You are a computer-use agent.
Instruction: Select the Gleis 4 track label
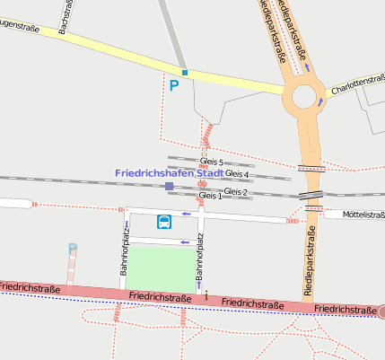click(237, 173)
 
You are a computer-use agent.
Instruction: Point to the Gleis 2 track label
click(235, 192)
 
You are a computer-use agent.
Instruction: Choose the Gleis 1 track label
click(209, 195)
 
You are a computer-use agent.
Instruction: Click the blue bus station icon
click(165, 222)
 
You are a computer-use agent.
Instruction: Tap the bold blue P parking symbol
click(174, 86)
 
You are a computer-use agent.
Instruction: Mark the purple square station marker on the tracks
click(169, 186)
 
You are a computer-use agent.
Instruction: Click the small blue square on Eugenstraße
click(184, 73)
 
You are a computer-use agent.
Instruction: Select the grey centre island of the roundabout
click(305, 93)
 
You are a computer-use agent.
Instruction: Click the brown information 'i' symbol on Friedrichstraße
click(206, 294)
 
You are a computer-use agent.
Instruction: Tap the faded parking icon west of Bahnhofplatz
click(73, 248)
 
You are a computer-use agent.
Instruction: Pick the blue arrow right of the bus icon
click(187, 214)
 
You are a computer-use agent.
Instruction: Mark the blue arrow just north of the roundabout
click(307, 66)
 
